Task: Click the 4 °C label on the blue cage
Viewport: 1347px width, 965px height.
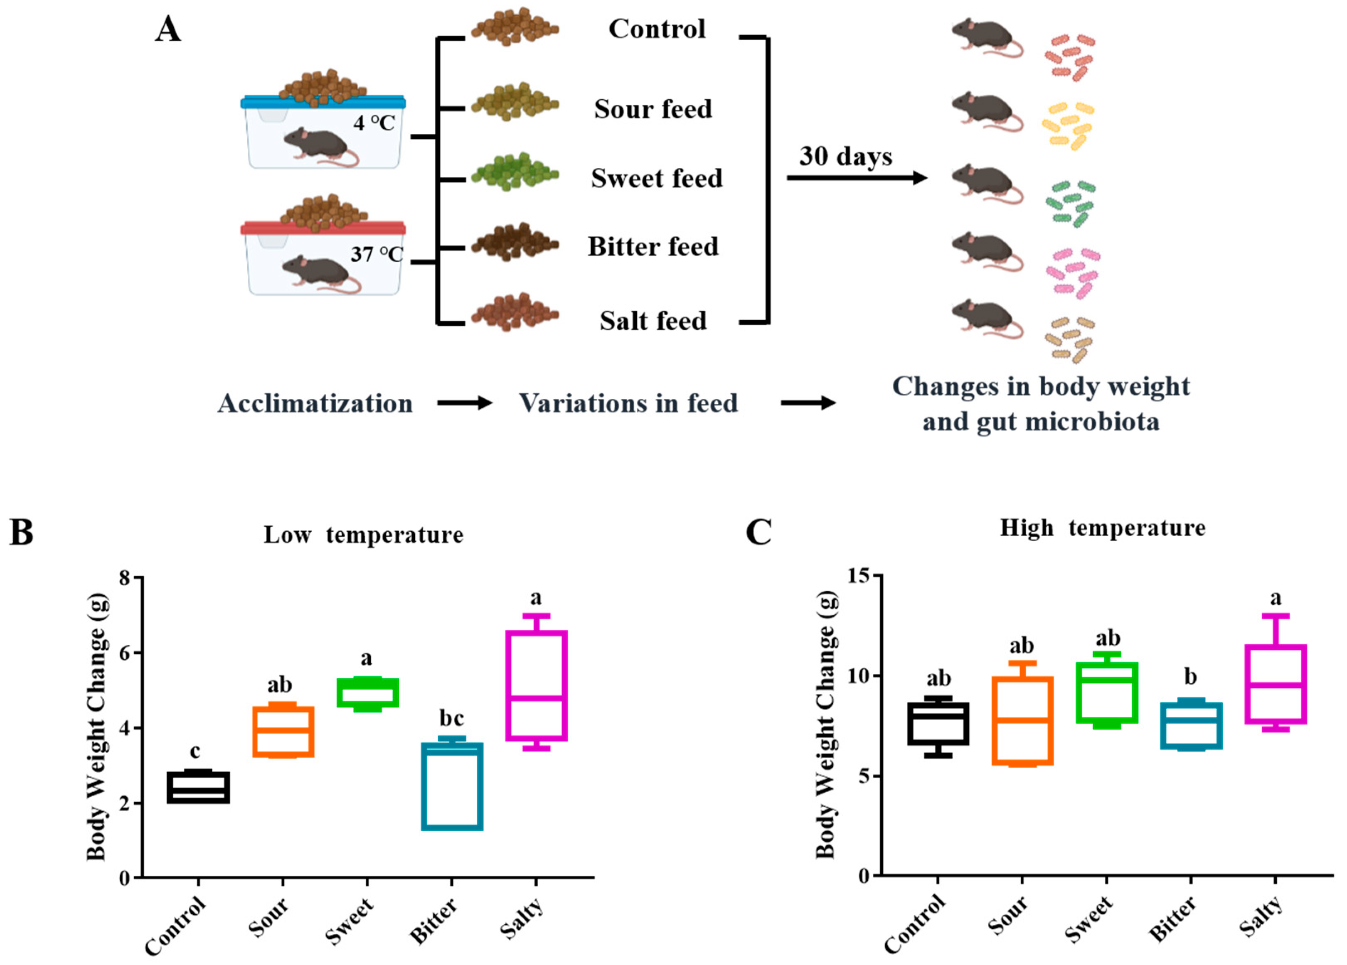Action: pos(374,123)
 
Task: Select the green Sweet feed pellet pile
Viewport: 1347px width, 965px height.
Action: pos(515,172)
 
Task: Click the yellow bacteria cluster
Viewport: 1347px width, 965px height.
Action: pos(1068,125)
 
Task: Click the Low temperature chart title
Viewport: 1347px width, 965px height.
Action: pos(364,535)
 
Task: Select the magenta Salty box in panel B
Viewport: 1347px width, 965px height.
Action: pos(536,685)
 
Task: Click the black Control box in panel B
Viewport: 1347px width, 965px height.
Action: pos(198,788)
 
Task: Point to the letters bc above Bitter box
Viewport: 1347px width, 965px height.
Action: pos(451,718)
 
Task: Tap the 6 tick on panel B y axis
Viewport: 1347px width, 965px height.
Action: pos(125,652)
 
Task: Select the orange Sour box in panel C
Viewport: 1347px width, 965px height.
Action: pos(1022,720)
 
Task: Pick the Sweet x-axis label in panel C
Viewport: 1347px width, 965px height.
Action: pos(1088,919)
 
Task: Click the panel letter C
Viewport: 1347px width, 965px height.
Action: pos(758,532)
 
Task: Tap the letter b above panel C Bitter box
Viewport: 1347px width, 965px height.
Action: pos(1190,676)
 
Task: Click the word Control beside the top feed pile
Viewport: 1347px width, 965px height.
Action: pos(657,29)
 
